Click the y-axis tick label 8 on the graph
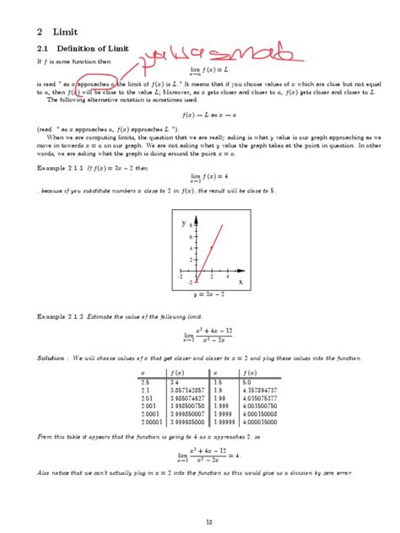(x=191, y=226)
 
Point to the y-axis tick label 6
(x=191, y=238)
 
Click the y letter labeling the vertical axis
(x=183, y=224)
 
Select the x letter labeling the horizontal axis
(x=241, y=283)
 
